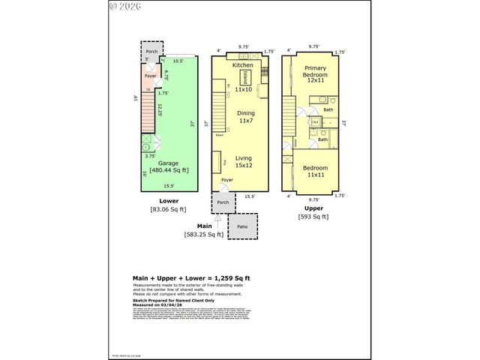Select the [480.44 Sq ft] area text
[169, 170]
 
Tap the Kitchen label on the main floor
[242, 66]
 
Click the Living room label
[243, 158]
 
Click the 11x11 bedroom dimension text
[315, 175]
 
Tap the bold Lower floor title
[169, 200]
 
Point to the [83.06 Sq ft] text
[169, 209]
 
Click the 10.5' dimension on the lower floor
[178, 60]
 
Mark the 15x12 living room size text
[243, 166]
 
